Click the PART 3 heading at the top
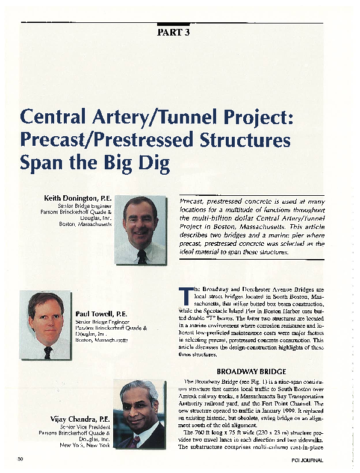[174, 33]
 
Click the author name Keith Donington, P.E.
[78, 198]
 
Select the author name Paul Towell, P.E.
[101, 314]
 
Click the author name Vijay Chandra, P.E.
[80, 418]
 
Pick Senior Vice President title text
[84, 427]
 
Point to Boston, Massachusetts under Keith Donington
[85, 224]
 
